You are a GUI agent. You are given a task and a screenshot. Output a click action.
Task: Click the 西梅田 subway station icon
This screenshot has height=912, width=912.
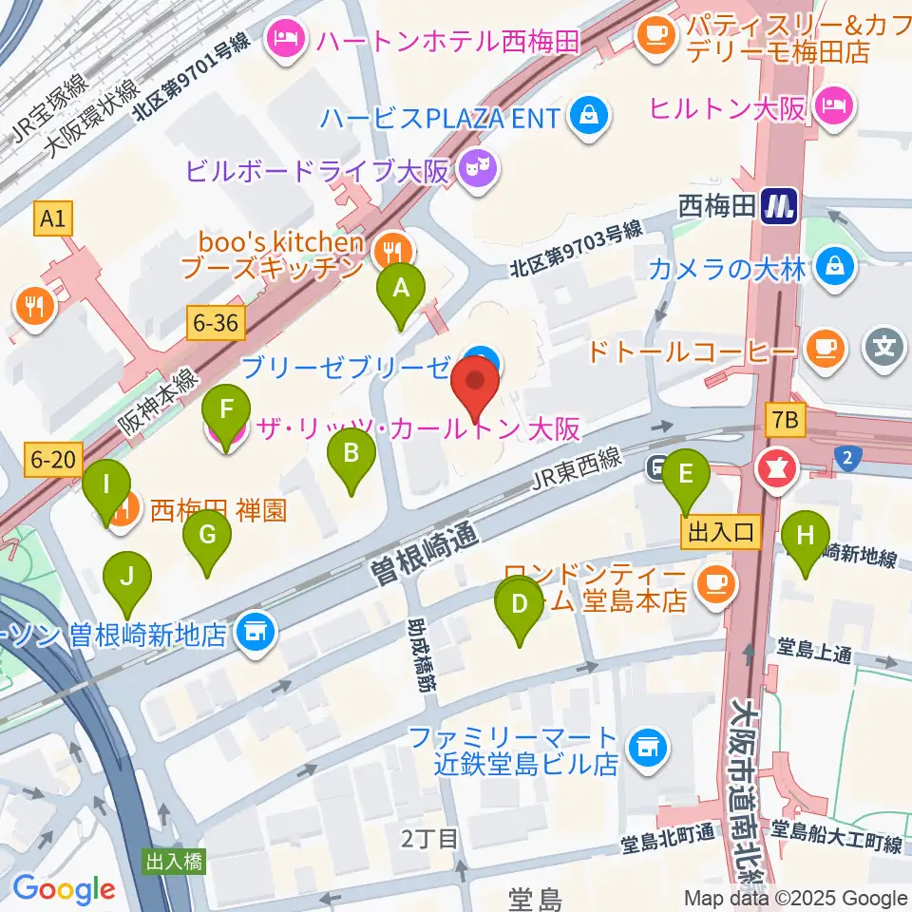coord(779,205)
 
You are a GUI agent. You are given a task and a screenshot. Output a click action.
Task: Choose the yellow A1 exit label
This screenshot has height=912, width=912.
coord(53,220)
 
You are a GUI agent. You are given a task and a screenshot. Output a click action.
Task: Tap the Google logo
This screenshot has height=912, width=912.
coord(63,889)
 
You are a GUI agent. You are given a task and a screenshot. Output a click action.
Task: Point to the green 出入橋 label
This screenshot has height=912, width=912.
coord(175,863)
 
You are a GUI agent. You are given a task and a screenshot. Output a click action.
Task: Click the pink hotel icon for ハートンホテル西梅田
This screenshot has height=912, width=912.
coord(284,40)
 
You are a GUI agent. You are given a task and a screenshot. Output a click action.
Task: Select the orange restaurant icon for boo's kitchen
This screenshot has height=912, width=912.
coord(389,250)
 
